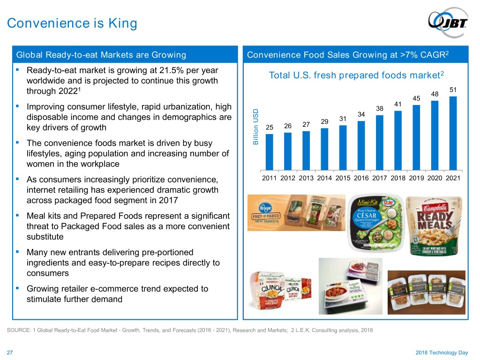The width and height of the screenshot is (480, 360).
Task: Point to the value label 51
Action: pyautogui.click(x=452, y=90)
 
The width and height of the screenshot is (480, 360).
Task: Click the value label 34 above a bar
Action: pyautogui.click(x=361, y=114)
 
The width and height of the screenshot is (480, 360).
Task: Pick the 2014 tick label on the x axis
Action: pyautogui.click(x=324, y=178)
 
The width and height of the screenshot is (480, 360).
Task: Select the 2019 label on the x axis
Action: pyautogui.click(x=416, y=178)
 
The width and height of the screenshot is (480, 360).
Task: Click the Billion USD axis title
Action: pyautogui.click(x=255, y=127)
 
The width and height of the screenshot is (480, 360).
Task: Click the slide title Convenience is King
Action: pyautogui.click(x=72, y=23)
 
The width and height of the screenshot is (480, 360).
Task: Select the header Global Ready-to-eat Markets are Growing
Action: pyautogui.click(x=101, y=55)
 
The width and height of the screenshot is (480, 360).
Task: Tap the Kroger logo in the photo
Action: pyautogui.click(x=264, y=206)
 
